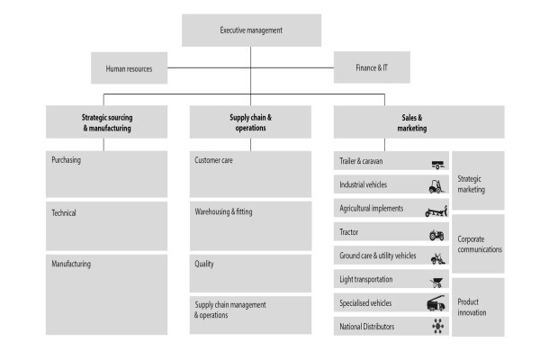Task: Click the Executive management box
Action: click(x=251, y=31)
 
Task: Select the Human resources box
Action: click(x=129, y=67)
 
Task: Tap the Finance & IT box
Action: click(x=372, y=67)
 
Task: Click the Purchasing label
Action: click(x=66, y=160)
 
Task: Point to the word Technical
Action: click(x=64, y=213)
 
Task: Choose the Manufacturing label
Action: click(x=71, y=264)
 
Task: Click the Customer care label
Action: click(x=213, y=160)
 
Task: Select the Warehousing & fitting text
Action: click(x=223, y=211)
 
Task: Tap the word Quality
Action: click(x=204, y=264)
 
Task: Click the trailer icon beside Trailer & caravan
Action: click(x=437, y=165)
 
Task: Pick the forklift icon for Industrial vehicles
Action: click(x=436, y=186)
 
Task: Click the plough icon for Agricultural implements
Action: click(x=436, y=211)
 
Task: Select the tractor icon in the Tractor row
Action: click(x=436, y=235)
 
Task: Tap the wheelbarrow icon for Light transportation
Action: click(x=436, y=282)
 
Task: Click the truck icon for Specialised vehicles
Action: click(x=436, y=303)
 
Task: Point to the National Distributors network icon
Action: click(x=438, y=326)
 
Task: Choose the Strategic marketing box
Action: click(x=478, y=181)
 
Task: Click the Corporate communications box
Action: click(x=478, y=244)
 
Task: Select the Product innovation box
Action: click(x=478, y=307)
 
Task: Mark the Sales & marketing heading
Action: click(x=412, y=122)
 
